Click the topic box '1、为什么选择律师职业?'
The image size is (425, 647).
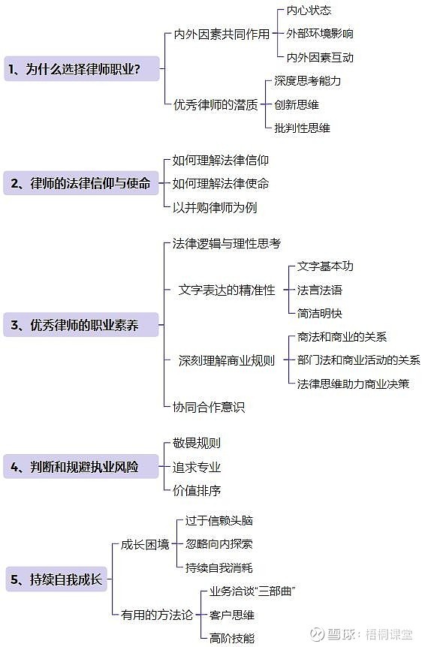point(82,68)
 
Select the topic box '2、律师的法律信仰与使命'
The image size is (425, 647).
point(81,183)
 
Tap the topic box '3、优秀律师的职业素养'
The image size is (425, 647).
point(81,325)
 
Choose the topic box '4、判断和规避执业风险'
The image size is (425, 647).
point(81,467)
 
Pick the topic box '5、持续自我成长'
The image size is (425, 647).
point(56,579)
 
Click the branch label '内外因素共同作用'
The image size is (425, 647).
point(222,35)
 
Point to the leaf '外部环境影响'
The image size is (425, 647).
point(320,34)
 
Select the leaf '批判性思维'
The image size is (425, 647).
point(302,128)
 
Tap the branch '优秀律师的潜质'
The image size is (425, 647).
point(216,105)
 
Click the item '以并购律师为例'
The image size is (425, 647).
point(215,207)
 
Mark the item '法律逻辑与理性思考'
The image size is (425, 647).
point(227,243)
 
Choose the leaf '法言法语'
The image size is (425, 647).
point(320,290)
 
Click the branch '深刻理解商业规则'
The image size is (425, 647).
point(227,360)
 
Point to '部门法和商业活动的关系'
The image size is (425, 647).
point(359,360)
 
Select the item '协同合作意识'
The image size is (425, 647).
point(209,408)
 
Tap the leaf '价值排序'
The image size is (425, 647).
point(197,491)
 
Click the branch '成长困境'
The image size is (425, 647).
point(145,545)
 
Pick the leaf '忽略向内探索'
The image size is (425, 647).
point(219,544)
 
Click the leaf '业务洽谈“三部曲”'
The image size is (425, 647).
point(252,591)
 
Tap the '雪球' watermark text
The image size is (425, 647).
point(341,633)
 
